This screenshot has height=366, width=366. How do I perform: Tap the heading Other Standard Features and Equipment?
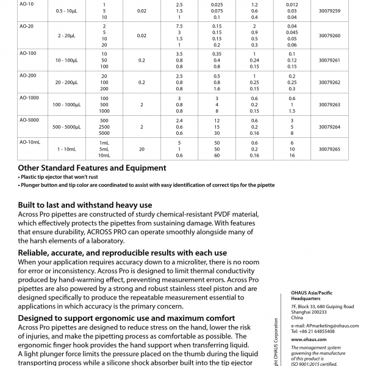click(91, 168)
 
